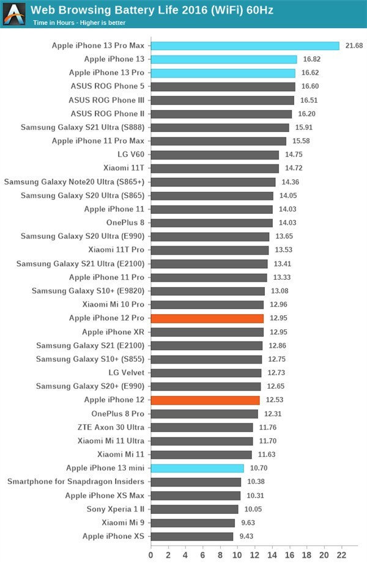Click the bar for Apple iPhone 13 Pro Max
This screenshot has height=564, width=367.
tap(245, 46)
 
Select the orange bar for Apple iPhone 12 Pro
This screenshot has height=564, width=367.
tap(207, 318)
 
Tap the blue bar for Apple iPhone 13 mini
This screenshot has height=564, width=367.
tap(197, 468)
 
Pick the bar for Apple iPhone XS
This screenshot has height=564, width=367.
tap(192, 536)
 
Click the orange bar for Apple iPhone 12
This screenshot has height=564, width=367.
tap(205, 400)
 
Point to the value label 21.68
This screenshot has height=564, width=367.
tap(354, 46)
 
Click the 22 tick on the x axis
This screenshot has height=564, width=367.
tap(340, 555)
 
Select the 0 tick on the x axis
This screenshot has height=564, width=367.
tap(151, 555)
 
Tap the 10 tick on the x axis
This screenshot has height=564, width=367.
tap(237, 555)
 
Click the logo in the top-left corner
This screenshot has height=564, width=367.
tap(14, 13)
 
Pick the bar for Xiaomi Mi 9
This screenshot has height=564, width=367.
tap(193, 522)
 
